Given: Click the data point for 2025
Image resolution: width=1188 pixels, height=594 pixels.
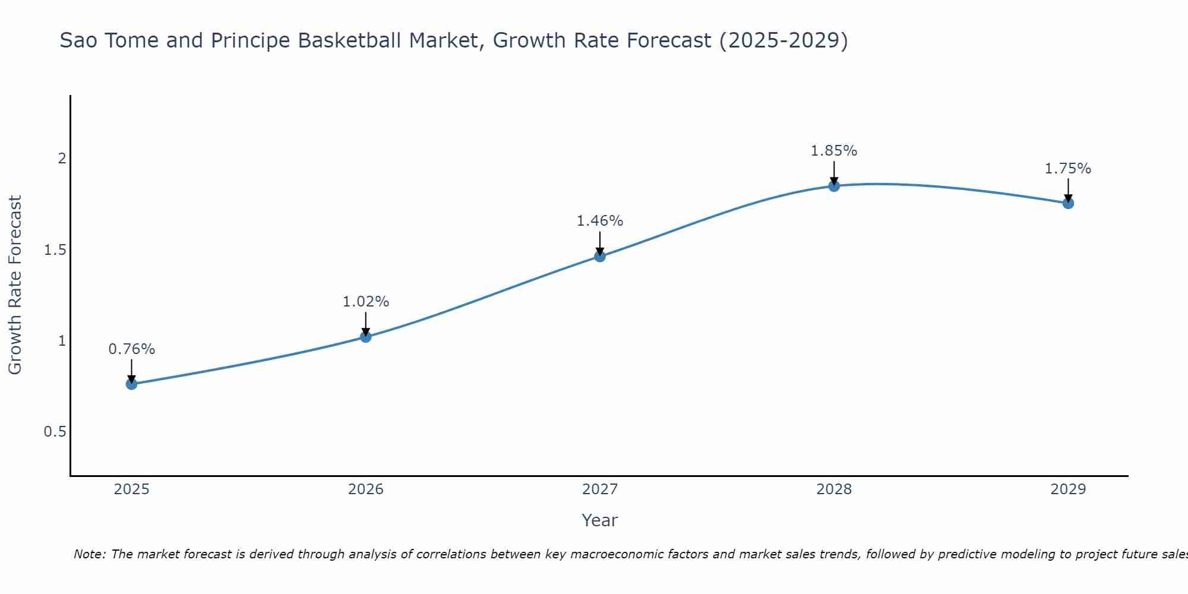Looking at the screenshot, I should click(131, 384).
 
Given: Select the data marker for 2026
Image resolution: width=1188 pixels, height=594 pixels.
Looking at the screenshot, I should click(365, 337).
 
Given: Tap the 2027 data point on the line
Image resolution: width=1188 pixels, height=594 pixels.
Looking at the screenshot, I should click(599, 256).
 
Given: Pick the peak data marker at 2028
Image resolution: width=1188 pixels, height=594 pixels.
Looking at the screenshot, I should click(834, 186).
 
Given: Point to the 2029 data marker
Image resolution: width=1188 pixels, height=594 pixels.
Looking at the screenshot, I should click(1068, 203).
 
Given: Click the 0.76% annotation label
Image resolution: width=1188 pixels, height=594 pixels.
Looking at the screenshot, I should click(131, 349).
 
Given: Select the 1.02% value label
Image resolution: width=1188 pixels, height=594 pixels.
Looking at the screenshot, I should click(365, 302).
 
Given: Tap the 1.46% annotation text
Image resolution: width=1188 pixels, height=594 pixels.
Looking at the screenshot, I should click(599, 221).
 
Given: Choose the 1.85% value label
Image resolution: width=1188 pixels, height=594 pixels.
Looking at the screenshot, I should click(834, 151).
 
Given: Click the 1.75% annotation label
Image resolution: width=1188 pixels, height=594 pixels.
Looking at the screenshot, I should click(1068, 169).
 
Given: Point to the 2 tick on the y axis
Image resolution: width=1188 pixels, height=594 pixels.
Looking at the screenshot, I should click(61, 159).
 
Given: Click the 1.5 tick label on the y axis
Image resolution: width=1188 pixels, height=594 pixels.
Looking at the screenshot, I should click(55, 250).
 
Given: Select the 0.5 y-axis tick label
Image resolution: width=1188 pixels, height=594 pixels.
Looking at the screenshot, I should click(55, 432).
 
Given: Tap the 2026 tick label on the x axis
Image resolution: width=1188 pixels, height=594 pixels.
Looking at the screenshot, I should click(365, 489).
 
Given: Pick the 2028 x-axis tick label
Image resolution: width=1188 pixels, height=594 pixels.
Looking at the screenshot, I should click(834, 489).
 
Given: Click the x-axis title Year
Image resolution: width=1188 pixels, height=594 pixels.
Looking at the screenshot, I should click(599, 520).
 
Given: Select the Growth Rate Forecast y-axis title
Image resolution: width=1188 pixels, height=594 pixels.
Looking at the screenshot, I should click(15, 285).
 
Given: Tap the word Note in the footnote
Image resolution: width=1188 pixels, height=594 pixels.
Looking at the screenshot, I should click(89, 554).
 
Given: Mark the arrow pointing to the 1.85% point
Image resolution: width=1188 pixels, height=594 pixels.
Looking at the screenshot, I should click(834, 173).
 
